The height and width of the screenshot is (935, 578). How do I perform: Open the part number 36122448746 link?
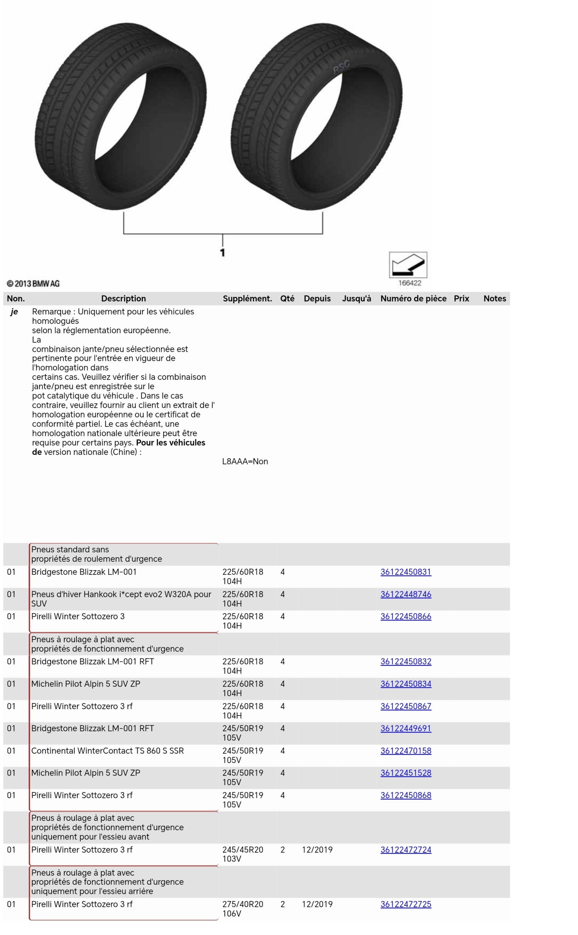pyautogui.click(x=406, y=594)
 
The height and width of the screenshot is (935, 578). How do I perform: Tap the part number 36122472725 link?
pyautogui.click(x=406, y=904)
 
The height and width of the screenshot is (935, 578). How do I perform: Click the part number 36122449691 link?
pyautogui.click(x=406, y=728)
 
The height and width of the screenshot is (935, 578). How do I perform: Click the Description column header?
pyautogui.click(x=124, y=298)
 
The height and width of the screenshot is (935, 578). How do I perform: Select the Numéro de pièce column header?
pyautogui.click(x=413, y=298)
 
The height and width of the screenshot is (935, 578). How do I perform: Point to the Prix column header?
pyautogui.click(x=461, y=298)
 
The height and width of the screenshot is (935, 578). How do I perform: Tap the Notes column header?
pyautogui.click(x=495, y=298)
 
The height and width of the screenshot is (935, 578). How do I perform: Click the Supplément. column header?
pyautogui.click(x=247, y=298)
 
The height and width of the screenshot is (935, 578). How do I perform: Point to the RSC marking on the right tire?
pyautogui.click(x=341, y=67)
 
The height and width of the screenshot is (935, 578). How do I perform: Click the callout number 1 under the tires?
pyautogui.click(x=223, y=252)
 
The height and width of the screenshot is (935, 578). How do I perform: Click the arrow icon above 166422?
pyautogui.click(x=408, y=265)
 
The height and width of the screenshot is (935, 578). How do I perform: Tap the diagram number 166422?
pyautogui.click(x=410, y=283)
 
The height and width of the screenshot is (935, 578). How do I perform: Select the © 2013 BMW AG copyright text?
pyautogui.click(x=33, y=284)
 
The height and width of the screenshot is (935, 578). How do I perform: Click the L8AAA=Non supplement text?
pyautogui.click(x=245, y=461)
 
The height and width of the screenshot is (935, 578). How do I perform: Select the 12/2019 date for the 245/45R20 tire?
pyautogui.click(x=317, y=849)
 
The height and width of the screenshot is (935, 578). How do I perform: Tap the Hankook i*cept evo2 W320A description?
pyautogui.click(x=121, y=598)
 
